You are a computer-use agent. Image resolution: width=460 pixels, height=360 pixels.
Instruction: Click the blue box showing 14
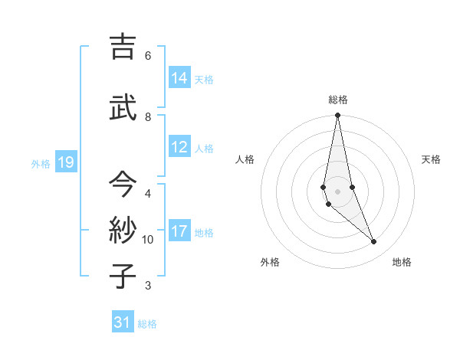click(179, 78)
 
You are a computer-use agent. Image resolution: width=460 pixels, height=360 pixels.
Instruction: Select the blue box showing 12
click(179, 148)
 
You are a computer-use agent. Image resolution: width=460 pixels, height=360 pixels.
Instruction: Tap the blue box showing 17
click(179, 231)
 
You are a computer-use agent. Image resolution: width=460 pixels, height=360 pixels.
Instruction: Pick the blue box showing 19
click(66, 162)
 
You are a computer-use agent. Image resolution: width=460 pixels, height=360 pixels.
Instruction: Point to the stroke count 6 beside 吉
click(148, 55)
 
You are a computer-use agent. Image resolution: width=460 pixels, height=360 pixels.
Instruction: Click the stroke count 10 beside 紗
click(148, 239)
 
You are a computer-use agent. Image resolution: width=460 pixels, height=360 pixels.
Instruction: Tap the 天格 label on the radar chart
click(431, 159)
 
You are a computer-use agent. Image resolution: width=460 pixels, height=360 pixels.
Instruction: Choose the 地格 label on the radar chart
click(402, 262)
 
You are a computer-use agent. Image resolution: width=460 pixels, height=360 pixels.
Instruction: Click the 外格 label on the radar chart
click(270, 262)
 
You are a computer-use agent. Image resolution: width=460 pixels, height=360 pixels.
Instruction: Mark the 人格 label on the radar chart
click(245, 159)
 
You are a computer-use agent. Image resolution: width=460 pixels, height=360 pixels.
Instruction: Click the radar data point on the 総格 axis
click(337, 116)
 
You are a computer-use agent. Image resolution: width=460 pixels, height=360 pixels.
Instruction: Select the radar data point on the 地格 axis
click(374, 242)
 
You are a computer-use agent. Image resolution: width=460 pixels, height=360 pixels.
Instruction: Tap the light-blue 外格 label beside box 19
click(41, 163)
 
